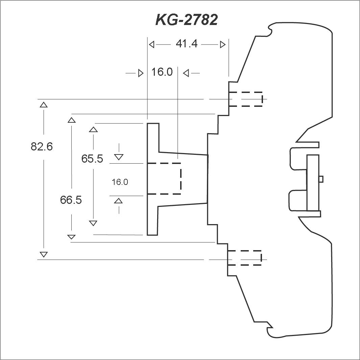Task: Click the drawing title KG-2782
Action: pyautogui.click(x=187, y=20)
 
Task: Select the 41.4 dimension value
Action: pyautogui.click(x=187, y=44)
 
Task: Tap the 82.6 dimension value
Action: pyautogui.click(x=42, y=146)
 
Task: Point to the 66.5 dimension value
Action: pyautogui.click(x=71, y=200)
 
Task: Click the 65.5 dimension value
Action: pyautogui.click(x=92, y=159)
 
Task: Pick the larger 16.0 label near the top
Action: pyautogui.click(x=162, y=72)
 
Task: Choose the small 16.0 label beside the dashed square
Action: pyautogui.click(x=120, y=182)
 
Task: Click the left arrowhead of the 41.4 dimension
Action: pyautogui.click(x=151, y=45)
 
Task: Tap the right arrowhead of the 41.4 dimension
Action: pyautogui.click(x=223, y=45)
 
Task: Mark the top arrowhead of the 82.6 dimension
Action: pyautogui.click(x=44, y=105)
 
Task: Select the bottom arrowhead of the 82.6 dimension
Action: pyautogui.click(x=44, y=255)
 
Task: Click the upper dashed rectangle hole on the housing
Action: pyautogui.click(x=246, y=99)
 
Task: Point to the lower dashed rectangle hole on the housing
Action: pyautogui.click(x=244, y=258)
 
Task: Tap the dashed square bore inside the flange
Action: pyautogui.click(x=164, y=178)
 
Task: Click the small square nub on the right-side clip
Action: pyautogui.click(x=321, y=179)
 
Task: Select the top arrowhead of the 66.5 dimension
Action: pyautogui.click(x=72, y=120)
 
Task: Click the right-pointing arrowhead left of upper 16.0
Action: pyautogui.click(x=141, y=73)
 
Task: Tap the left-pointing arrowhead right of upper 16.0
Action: pyautogui.click(x=186, y=73)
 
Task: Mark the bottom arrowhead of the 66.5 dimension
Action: pyautogui.click(x=71, y=237)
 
